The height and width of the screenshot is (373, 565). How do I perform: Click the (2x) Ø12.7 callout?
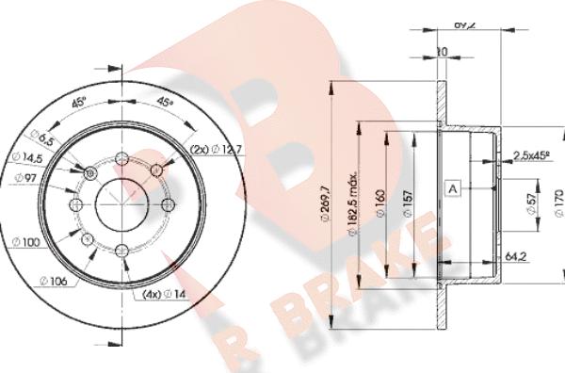coord(216,148)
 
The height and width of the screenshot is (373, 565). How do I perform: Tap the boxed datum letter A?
coord(453,188)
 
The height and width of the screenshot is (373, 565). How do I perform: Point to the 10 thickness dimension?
coord(442,51)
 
